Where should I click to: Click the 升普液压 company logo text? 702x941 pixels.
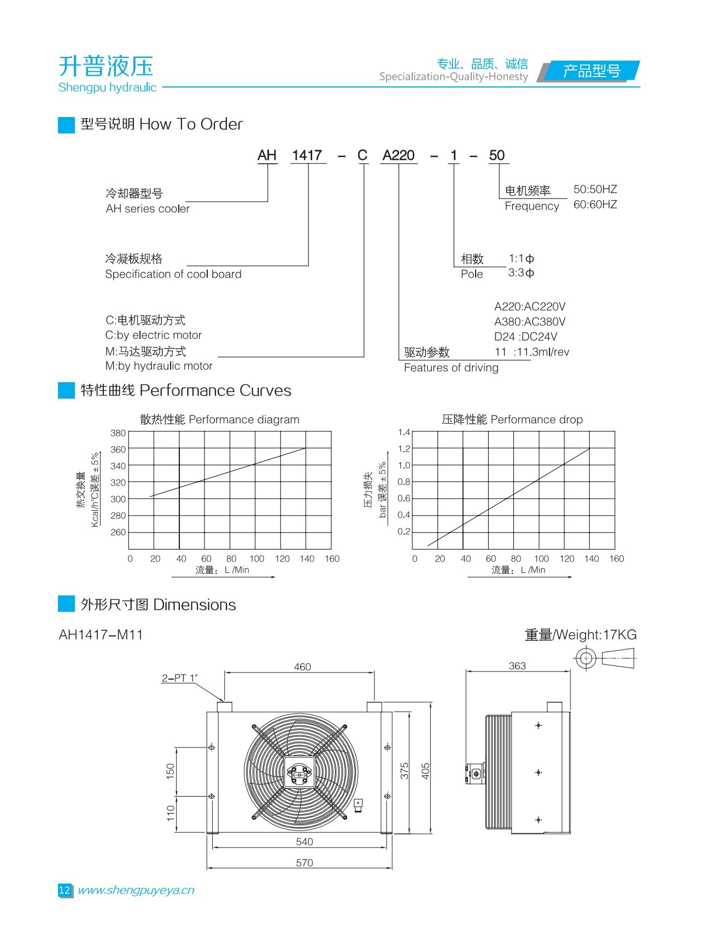pyautogui.click(x=106, y=67)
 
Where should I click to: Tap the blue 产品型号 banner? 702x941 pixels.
pyautogui.click(x=591, y=71)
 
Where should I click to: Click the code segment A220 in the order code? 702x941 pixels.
pyautogui.click(x=398, y=156)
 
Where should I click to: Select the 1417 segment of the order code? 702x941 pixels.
pyautogui.click(x=307, y=156)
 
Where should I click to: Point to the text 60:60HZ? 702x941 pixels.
pyautogui.click(x=595, y=204)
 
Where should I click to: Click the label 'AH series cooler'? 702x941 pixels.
pyautogui.click(x=148, y=209)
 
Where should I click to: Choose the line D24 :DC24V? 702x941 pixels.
pyautogui.click(x=525, y=337)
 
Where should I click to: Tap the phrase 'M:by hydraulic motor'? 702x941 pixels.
pyautogui.click(x=159, y=366)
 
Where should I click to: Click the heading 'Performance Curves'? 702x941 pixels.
pyautogui.click(x=215, y=390)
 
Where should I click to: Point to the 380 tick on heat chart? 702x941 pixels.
pyautogui.click(x=118, y=433)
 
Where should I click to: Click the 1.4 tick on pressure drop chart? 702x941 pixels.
pyautogui.click(x=404, y=432)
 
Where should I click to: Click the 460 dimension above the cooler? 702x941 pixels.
pyautogui.click(x=302, y=667)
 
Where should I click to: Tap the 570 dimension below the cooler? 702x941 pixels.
pyautogui.click(x=305, y=863)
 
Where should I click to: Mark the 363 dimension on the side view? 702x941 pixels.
pyautogui.click(x=517, y=666)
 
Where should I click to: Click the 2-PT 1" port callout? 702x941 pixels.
pyautogui.click(x=179, y=678)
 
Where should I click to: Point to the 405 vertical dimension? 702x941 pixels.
pyautogui.click(x=426, y=771)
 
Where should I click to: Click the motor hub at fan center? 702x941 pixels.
pyautogui.click(x=300, y=773)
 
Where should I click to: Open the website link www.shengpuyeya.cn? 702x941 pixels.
pyautogui.click(x=136, y=890)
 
